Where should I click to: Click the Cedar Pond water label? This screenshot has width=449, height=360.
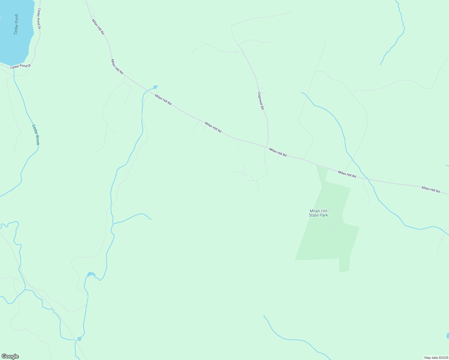[16, 24]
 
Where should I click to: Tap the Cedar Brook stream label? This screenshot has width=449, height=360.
[36, 135]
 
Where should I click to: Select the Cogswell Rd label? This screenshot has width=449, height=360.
[261, 100]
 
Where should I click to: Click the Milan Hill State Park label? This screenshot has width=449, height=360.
[318, 213]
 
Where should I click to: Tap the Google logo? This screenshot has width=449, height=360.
[10, 356]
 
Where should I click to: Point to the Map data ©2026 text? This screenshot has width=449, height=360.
[436, 358]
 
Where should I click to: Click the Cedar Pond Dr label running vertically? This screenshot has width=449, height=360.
[39, 19]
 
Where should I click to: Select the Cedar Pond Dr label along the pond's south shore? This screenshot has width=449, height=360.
[20, 66]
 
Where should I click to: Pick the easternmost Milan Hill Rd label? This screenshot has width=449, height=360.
[430, 190]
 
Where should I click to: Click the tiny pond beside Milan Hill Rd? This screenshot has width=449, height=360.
[155, 87]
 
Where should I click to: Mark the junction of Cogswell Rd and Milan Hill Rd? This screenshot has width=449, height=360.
[267, 147]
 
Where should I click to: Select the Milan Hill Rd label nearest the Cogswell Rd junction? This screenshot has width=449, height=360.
[278, 152]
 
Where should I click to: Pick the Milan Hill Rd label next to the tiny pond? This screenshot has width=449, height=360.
[163, 100]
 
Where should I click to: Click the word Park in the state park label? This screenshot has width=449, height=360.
[323, 215]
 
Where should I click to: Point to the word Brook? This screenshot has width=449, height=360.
[37, 139]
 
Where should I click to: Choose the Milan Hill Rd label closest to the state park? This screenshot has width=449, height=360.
[347, 174]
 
